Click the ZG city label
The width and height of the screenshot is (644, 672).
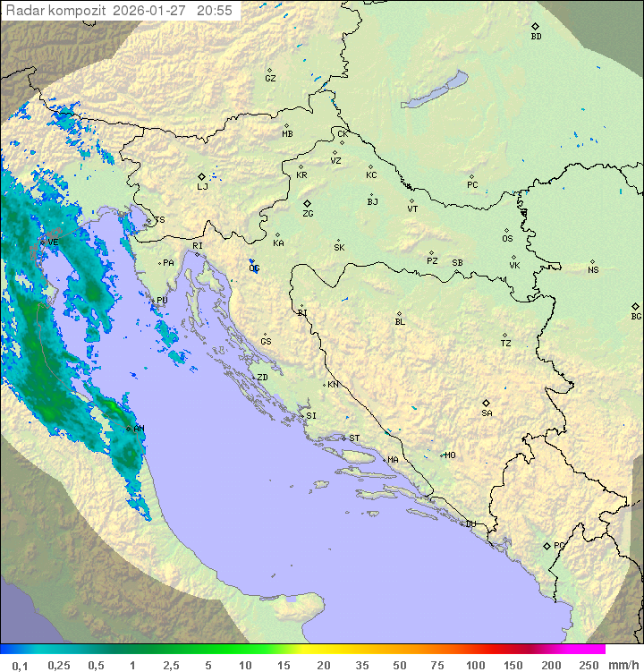308,215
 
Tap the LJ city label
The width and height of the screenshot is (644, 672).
202,188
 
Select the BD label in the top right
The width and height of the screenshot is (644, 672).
536,38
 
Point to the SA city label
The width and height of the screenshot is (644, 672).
487,413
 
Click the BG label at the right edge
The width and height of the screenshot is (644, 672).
636,317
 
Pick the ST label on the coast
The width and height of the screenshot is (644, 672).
354,438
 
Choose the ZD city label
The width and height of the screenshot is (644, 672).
262,378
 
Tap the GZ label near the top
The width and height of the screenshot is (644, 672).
270,79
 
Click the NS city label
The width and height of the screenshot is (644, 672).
593,270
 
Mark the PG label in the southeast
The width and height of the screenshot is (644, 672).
559,546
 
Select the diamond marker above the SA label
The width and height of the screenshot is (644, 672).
486,403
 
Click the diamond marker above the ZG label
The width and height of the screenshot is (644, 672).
307,204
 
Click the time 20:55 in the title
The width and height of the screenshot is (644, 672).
214,11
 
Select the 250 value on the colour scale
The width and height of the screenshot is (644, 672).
588,665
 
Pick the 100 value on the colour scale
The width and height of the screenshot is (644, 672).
475,665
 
